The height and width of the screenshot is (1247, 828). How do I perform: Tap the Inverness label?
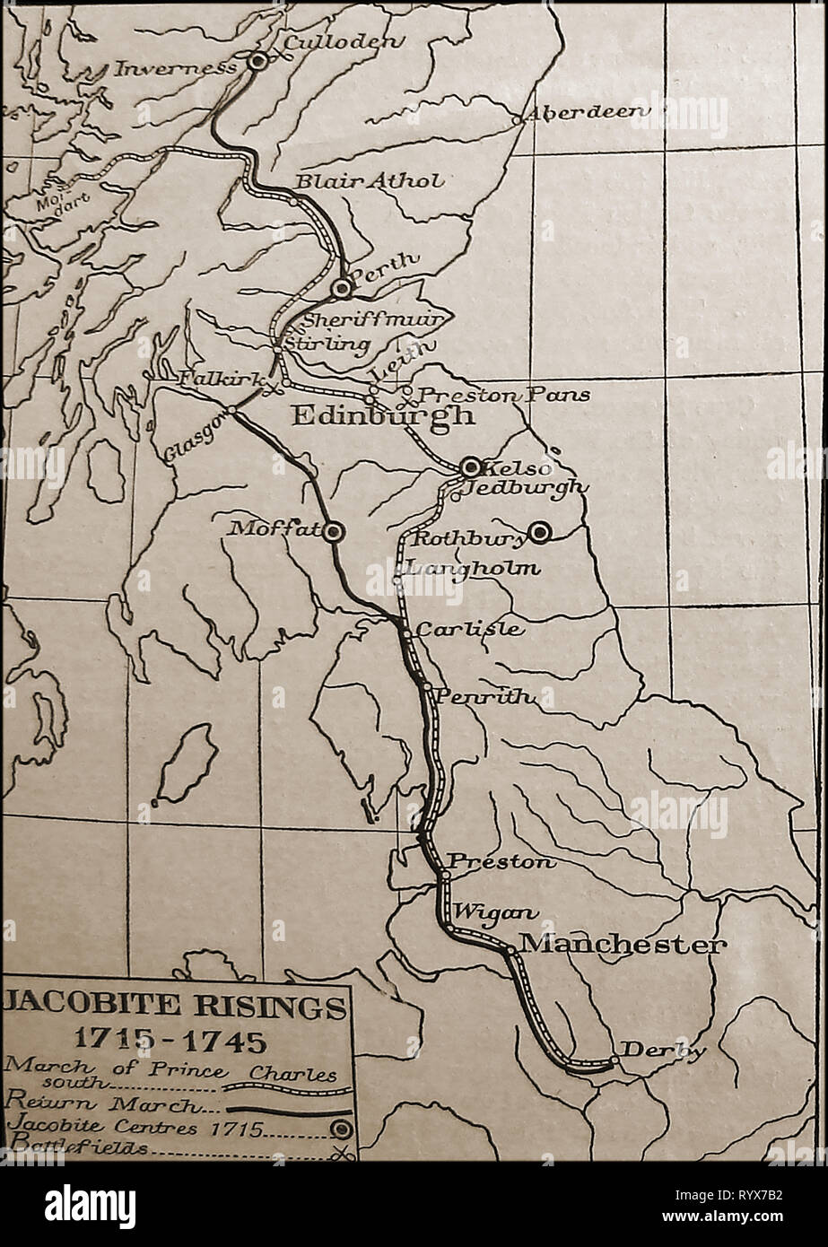click(x=177, y=66)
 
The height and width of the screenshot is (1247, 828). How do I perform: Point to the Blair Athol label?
click(x=369, y=181)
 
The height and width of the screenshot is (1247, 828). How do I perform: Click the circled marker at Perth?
click(x=341, y=288)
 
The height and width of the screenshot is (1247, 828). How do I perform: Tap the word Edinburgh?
click(x=382, y=416)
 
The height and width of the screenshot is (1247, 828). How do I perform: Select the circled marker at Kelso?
click(x=470, y=467)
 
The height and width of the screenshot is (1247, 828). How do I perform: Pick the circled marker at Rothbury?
click(x=539, y=533)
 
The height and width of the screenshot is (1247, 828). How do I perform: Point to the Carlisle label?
click(x=470, y=629)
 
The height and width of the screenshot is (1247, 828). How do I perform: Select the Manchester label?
click(x=623, y=945)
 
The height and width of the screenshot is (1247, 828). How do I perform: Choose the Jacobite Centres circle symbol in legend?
click(x=340, y=1129)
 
